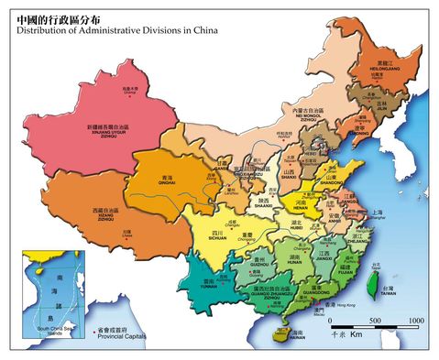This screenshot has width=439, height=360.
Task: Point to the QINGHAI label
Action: (x=167, y=183)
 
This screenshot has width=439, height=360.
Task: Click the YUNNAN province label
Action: (x=209, y=286)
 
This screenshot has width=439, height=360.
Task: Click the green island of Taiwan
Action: (x=373, y=286)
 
